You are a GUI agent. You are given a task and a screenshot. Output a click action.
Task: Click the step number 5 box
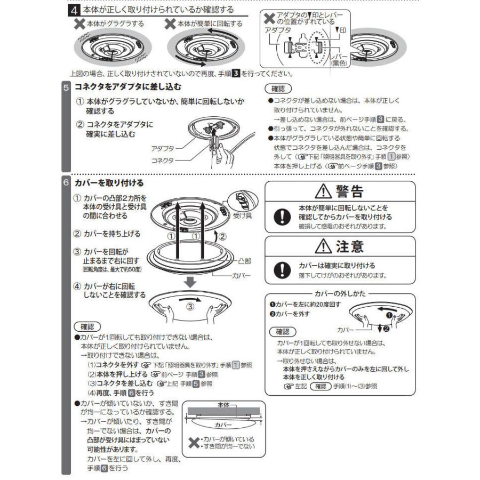coord(66,86)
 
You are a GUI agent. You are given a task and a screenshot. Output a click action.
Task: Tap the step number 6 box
coord(66,182)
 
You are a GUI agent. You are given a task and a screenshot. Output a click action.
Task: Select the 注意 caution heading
coord(342,247)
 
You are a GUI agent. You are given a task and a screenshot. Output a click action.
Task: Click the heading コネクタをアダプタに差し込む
coord(128,86)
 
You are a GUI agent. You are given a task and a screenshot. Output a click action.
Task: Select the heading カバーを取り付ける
coord(109,182)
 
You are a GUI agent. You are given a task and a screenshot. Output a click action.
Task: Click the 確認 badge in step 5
coord(277,89)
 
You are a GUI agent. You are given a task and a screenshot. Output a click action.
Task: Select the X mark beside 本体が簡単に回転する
coord(170,23)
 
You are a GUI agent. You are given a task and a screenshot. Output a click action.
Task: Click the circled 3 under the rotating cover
coord(191,307)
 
